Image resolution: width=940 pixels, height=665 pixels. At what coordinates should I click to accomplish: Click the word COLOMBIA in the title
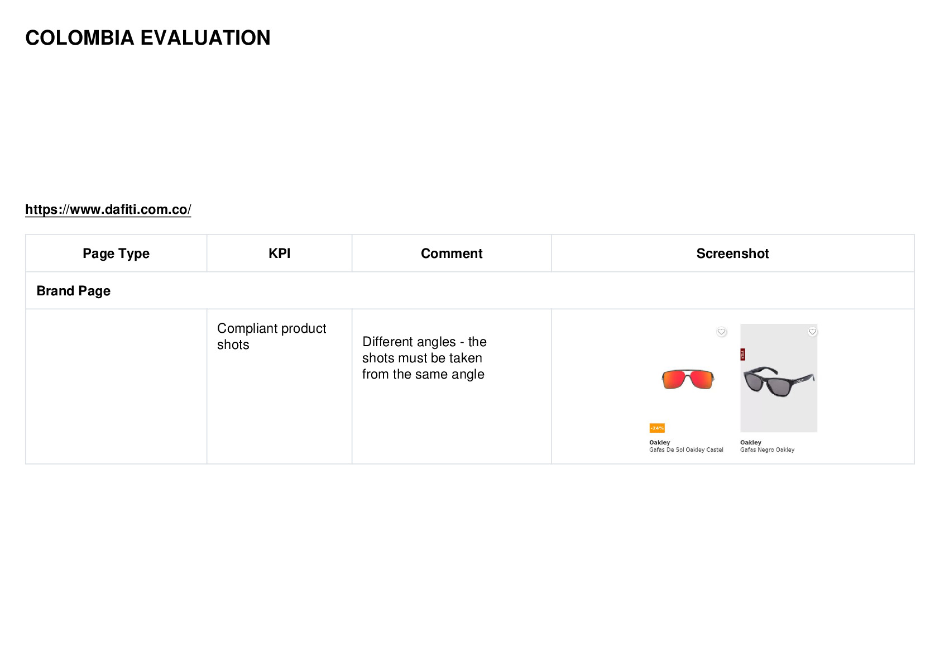click(x=80, y=38)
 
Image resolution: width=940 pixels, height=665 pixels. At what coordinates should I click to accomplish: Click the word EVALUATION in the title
click(x=205, y=38)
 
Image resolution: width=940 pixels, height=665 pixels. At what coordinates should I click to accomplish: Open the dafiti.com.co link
click(x=108, y=209)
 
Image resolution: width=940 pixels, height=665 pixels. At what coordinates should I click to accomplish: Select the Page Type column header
click(x=116, y=253)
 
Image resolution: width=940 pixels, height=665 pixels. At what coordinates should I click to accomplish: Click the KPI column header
click(x=280, y=253)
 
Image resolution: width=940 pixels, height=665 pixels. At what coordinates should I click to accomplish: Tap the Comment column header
click(x=452, y=253)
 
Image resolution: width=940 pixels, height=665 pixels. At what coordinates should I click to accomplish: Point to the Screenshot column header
click(x=733, y=253)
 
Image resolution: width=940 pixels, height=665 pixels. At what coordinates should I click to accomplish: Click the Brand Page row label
click(x=74, y=291)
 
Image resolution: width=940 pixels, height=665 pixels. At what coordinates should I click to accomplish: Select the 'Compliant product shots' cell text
click(x=271, y=336)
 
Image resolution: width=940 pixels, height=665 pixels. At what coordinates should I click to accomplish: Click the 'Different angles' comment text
click(x=424, y=358)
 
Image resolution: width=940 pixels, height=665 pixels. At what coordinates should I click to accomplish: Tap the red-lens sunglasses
click(x=688, y=380)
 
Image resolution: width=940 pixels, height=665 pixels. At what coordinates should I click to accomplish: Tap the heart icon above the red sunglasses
click(x=721, y=332)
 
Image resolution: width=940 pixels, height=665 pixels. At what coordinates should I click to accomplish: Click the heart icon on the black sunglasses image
click(x=812, y=332)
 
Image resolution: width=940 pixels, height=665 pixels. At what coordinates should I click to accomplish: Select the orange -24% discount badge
click(x=657, y=428)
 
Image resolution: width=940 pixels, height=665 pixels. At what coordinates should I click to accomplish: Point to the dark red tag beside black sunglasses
click(x=743, y=355)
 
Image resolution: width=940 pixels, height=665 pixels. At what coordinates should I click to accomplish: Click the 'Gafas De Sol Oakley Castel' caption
click(x=686, y=450)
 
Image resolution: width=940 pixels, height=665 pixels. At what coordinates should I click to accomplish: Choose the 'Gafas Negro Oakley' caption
click(x=768, y=450)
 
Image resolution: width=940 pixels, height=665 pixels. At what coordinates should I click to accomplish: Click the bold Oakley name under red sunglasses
click(x=660, y=442)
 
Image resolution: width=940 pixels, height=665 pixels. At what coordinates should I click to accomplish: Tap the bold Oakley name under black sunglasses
click(x=751, y=442)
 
